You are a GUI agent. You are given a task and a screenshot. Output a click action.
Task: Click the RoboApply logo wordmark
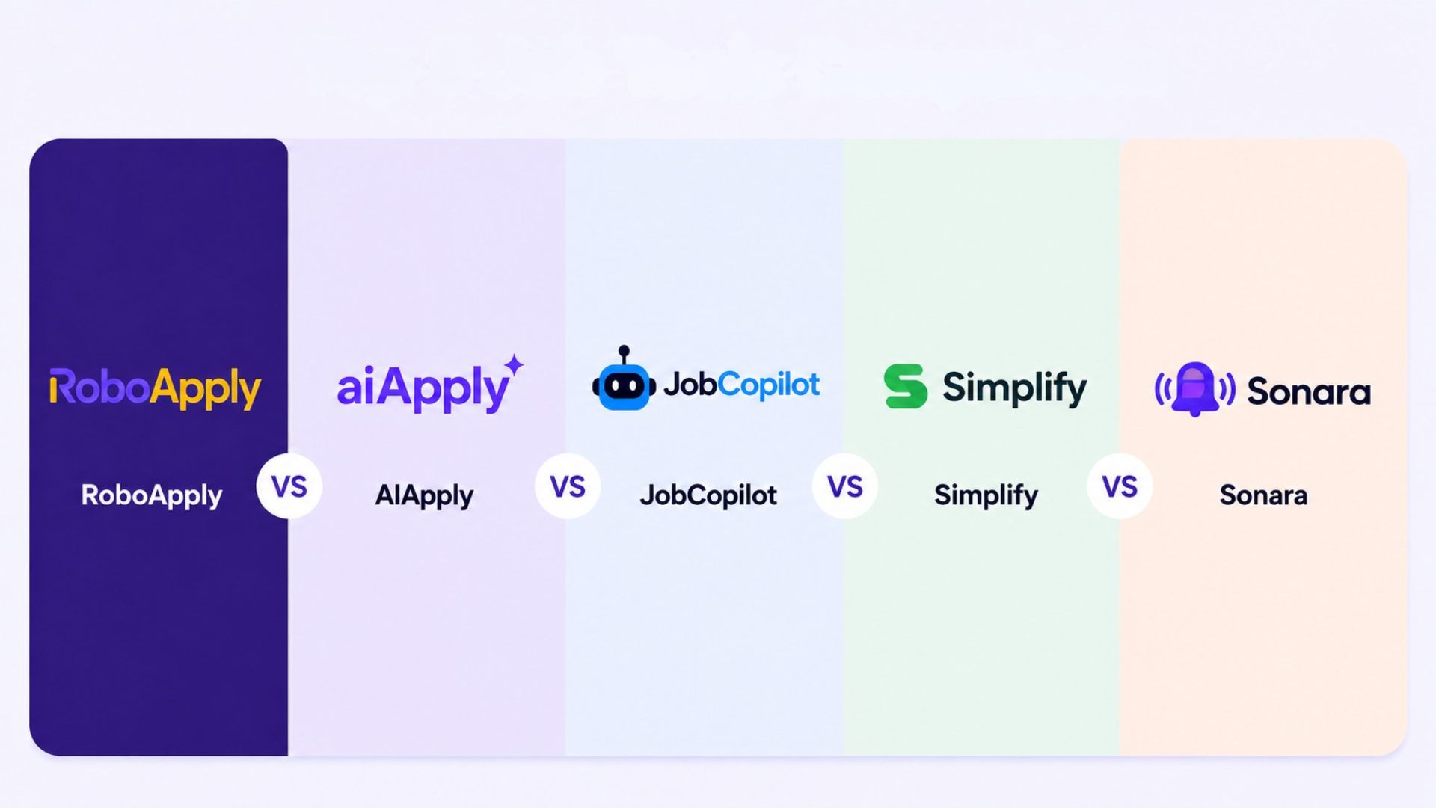(x=155, y=388)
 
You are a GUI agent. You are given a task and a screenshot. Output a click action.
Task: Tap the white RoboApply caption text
(x=151, y=495)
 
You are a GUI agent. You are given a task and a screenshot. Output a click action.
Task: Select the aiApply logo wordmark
(x=423, y=388)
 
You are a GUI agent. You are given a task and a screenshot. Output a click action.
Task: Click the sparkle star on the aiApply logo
(x=514, y=365)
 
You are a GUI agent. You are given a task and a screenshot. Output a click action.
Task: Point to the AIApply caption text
(x=424, y=495)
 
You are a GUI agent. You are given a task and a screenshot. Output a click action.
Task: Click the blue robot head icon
(x=623, y=386)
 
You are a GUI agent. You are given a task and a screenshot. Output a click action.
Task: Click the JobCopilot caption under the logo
(x=708, y=495)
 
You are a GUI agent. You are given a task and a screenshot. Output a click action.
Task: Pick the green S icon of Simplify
(x=905, y=386)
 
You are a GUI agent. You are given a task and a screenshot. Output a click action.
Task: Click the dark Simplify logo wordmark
(x=1013, y=388)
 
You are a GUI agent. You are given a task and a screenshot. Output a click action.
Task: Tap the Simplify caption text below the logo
(x=986, y=495)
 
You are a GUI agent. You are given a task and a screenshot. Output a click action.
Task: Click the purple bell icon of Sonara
(x=1194, y=388)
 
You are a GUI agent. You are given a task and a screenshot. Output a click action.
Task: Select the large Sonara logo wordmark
(x=1308, y=391)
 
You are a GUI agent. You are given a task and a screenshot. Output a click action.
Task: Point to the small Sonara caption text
(x=1263, y=495)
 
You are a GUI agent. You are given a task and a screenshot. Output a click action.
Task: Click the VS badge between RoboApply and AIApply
(x=289, y=486)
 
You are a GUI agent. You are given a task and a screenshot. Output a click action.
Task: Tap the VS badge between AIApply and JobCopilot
(x=567, y=486)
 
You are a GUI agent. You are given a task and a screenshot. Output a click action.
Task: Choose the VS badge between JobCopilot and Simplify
(x=845, y=486)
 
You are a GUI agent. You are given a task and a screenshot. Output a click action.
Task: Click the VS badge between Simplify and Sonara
(x=1120, y=486)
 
